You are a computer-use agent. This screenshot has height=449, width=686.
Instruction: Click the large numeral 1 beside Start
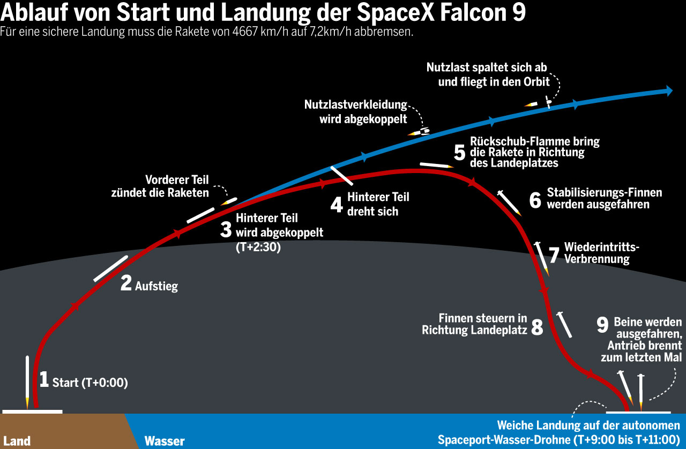[x=44, y=379]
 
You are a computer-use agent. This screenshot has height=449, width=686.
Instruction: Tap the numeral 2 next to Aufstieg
[x=126, y=283]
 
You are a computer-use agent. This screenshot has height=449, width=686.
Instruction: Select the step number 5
[x=459, y=152]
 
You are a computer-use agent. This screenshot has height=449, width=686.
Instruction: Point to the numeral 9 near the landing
[x=602, y=325]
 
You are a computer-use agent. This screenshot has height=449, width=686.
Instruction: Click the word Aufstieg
[x=156, y=286]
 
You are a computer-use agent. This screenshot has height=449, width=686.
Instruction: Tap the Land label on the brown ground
[x=17, y=441]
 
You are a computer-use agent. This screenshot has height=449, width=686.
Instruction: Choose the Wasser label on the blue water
[x=165, y=441]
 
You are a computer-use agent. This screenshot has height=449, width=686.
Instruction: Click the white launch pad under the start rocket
[x=32, y=411]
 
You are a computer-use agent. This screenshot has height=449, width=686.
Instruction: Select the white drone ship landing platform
[x=638, y=412]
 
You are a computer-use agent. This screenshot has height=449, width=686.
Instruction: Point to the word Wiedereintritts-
[x=601, y=247]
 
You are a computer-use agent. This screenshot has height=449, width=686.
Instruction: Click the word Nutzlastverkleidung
[x=356, y=104]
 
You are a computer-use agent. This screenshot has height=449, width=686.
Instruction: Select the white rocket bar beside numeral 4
[x=341, y=175]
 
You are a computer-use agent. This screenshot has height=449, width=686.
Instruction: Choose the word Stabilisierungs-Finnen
[x=605, y=192]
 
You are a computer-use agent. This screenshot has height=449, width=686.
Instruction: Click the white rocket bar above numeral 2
[x=110, y=268]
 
